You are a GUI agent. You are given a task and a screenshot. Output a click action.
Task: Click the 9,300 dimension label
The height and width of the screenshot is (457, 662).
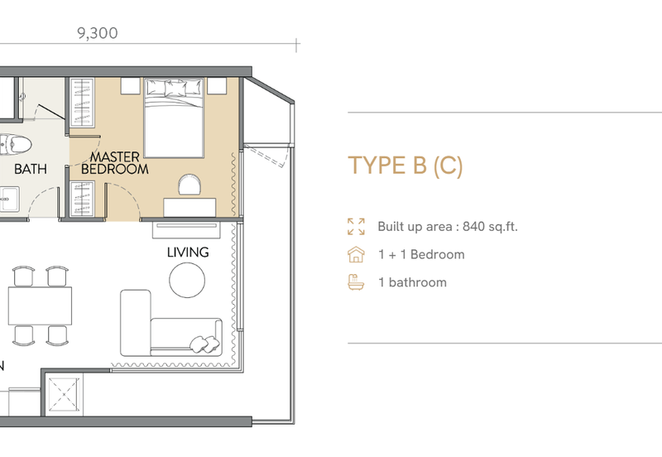pos(98,33)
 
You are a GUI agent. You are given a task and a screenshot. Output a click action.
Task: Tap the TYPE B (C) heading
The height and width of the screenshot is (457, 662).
pos(405,165)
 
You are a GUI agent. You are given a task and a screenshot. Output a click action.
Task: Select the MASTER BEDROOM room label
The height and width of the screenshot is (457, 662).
pos(115,163)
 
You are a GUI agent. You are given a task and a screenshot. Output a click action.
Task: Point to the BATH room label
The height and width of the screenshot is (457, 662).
pos(31,169)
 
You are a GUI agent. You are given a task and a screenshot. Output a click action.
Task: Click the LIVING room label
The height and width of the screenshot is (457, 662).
pos(188,253)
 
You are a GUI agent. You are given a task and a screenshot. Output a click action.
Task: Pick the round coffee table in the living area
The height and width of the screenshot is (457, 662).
pos(187,280)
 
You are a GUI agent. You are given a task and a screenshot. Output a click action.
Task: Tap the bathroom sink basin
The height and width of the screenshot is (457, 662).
pos(8,199)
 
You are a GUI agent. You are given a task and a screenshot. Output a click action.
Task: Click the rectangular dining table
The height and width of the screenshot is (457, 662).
pos(40,305)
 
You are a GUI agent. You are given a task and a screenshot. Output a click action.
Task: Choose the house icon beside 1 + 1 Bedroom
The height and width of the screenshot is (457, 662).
pos(356,255)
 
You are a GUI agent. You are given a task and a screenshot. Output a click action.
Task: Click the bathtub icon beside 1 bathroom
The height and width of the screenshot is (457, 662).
pos(356,282)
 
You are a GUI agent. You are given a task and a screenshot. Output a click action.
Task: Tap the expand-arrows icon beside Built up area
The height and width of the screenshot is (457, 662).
pos(356,226)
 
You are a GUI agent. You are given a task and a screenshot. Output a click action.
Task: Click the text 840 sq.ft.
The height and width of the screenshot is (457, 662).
pos(490,227)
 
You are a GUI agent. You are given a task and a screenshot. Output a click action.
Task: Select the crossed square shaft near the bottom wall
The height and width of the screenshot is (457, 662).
pos(64,394)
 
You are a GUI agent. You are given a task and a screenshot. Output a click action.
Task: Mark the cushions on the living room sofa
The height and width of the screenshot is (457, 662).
pos(205,344)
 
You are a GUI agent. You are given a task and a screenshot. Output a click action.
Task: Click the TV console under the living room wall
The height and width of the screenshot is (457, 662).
pos(186,230)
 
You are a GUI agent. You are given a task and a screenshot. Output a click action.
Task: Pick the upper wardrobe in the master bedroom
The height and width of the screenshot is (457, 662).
pos(82,103)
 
